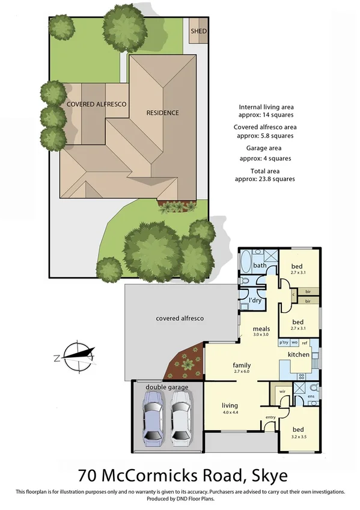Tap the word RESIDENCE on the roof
pos(163,112)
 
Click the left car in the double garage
pos(152,419)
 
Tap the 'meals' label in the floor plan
pos(260,330)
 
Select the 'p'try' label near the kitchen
pos(284,342)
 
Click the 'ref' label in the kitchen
pos(305,342)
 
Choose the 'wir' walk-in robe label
pos(282,392)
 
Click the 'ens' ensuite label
pos(311,396)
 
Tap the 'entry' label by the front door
pos(270,417)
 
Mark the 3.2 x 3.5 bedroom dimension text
pos(298,437)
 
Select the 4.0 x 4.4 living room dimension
pos(230,413)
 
